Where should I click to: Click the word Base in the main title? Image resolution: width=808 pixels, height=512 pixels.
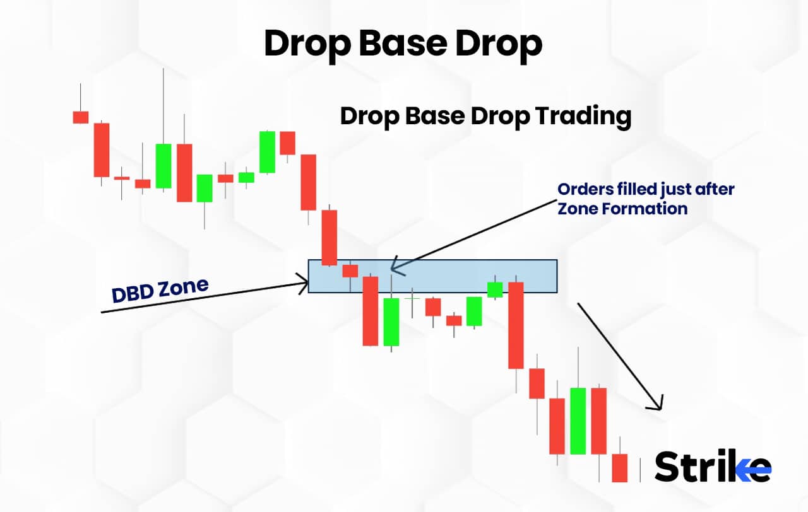403,44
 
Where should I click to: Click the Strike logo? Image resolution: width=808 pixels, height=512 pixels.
713,467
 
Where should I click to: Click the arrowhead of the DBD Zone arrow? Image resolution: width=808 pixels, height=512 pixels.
304,283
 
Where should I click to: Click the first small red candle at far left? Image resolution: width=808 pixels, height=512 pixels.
80,117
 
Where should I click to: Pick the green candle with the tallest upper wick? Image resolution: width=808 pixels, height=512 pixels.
163,165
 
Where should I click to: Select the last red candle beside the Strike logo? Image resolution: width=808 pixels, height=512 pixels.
620,467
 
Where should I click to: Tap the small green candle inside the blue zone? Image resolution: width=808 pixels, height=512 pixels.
495,289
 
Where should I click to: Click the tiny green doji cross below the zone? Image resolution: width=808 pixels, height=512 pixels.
412,297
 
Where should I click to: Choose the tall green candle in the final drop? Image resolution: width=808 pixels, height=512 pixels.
578,421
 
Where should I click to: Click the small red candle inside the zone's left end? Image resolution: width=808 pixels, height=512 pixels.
350,271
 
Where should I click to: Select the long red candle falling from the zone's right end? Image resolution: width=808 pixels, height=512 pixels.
516,325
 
